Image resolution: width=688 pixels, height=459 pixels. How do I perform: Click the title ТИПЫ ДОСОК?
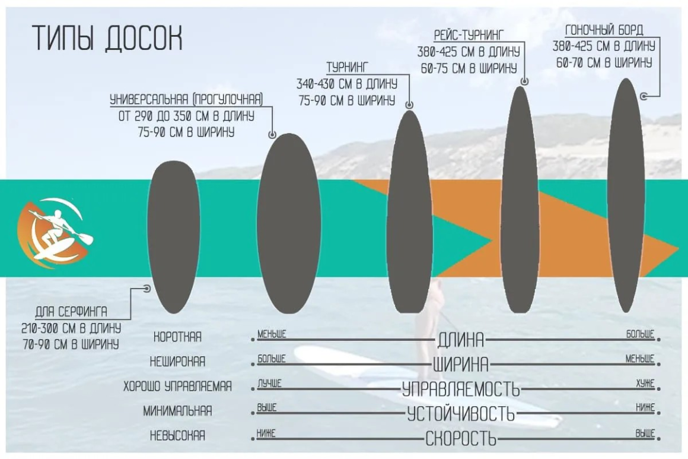click(x=107, y=38)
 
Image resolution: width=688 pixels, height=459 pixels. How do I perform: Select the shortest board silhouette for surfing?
click(x=174, y=237)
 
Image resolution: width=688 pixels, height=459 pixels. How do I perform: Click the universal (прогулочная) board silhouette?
click(x=288, y=224)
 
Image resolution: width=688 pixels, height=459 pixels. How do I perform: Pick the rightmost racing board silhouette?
click(x=626, y=195)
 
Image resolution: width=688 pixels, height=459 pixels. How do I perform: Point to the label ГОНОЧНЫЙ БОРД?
click(x=604, y=30)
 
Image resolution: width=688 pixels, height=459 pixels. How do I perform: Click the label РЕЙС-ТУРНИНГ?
click(x=469, y=35)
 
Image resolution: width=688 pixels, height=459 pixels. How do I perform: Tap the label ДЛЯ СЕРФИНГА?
click(x=71, y=312)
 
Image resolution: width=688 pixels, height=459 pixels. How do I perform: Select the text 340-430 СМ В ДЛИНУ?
click(x=346, y=84)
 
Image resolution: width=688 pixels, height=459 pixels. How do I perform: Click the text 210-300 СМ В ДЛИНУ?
click(x=71, y=328)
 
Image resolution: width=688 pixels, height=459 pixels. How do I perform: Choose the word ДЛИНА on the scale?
click(x=461, y=340)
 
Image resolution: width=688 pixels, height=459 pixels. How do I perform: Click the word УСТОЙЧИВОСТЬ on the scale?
click(x=461, y=414)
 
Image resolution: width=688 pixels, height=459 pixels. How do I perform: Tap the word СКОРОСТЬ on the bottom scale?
click(x=461, y=438)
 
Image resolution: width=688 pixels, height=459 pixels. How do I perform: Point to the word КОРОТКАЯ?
click(x=177, y=337)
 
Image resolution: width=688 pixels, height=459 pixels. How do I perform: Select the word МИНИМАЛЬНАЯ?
click(x=177, y=411)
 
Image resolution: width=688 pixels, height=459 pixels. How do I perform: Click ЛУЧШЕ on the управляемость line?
click(x=269, y=384)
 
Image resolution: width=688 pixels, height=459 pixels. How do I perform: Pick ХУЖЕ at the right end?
click(x=645, y=384)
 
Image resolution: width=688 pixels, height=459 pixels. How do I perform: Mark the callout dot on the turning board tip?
click(x=409, y=105)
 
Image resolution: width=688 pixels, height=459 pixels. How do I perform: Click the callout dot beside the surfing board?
click(x=147, y=289)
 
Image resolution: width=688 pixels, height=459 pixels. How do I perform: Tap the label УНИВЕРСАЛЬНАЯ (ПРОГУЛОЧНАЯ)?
click(x=186, y=100)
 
